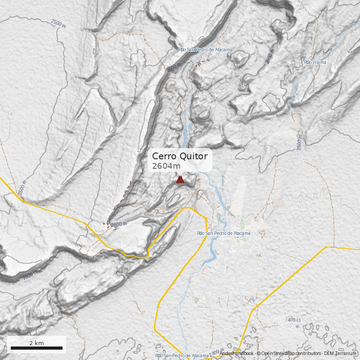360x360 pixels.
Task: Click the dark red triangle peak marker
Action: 180,180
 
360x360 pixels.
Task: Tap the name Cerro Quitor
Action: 180,156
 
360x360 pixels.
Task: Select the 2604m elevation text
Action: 166,166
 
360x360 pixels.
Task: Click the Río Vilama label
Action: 315,62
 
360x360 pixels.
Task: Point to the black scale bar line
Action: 36,348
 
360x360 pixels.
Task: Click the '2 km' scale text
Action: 36,343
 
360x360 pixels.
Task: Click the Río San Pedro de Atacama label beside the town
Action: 224,233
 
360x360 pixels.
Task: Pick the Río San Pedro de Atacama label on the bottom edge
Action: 182,356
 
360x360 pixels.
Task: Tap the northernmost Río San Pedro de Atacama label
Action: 205,49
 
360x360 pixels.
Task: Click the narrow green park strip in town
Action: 243,224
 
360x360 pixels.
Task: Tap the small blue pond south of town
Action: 253,298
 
